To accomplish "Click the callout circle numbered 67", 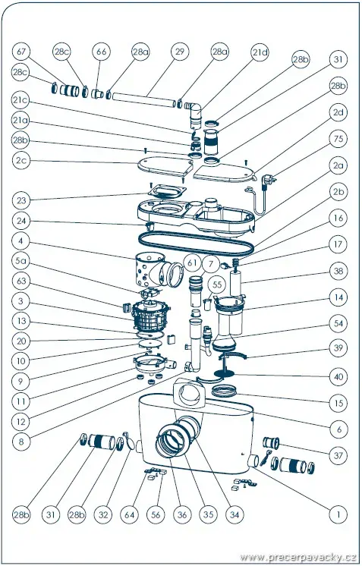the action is (22, 52).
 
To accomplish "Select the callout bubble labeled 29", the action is (179, 52).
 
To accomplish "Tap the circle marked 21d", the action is (260, 52).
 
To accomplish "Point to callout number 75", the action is (338, 139).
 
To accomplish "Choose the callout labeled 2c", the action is (22, 161).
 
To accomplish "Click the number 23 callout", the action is (22, 200).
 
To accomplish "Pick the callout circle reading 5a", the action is (22, 260).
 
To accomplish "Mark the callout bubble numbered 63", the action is (22, 281).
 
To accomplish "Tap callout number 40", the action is (338, 377).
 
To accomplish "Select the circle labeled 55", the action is (217, 285).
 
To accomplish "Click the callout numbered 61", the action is (192, 263).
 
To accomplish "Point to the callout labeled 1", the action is (338, 514).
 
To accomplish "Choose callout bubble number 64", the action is (130, 514).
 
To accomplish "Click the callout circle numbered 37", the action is (338, 455).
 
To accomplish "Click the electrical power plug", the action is (269, 179).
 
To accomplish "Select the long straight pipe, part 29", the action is (144, 99).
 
